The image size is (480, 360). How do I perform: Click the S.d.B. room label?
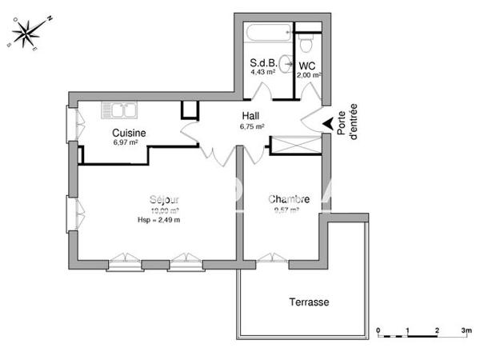pyautogui.click(x=262, y=62)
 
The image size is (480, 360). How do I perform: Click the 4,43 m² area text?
pyautogui.click(x=262, y=72)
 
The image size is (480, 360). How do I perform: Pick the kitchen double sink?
pyautogui.click(x=119, y=110)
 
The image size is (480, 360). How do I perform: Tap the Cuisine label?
pyautogui.click(x=129, y=133)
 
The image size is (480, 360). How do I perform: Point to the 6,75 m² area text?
pyautogui.click(x=253, y=126)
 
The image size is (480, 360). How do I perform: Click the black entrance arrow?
pyautogui.click(x=328, y=124)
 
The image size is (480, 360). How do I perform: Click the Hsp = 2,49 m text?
pyautogui.click(x=159, y=220)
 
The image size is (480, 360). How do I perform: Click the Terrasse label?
pyautogui.click(x=308, y=302)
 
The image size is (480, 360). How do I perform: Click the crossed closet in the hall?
pyautogui.click(x=295, y=146)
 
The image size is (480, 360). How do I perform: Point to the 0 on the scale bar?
pyautogui.click(x=378, y=330)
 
